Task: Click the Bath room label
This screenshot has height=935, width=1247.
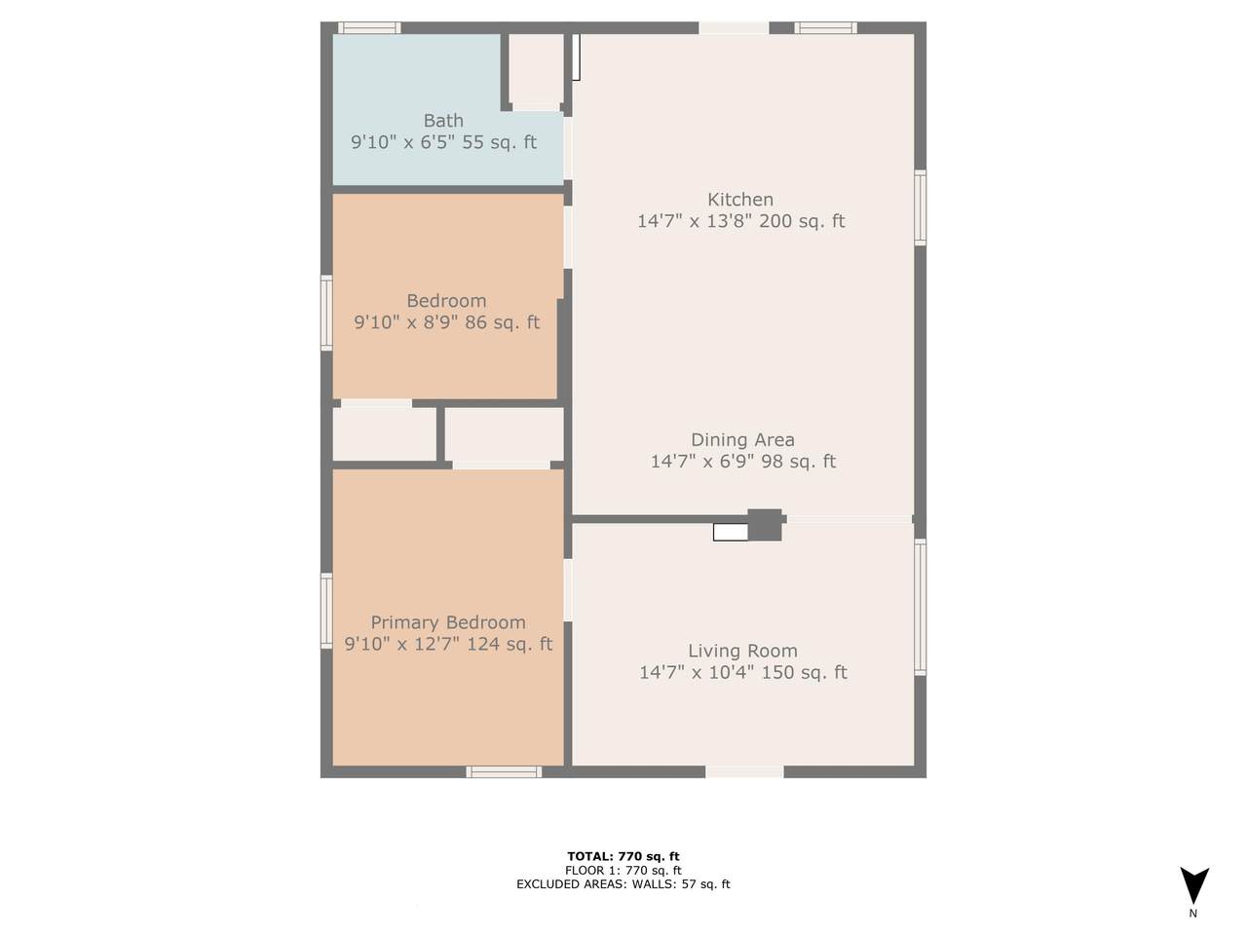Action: coord(443,121)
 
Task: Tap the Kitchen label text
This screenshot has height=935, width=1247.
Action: coord(740,200)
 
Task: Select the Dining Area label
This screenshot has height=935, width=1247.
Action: coord(742,439)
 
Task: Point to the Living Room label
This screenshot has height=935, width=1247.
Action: coord(742,651)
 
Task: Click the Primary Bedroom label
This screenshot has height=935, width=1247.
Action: coord(448,622)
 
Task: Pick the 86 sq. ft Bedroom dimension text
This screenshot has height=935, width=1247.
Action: coord(446,322)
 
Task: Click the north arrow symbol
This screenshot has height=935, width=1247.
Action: coord(1194,885)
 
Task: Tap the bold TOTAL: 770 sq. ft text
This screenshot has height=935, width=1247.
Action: coord(623,856)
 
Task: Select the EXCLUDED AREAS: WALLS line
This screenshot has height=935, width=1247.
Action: coord(623,884)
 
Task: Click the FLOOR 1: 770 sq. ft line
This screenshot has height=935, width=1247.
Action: coord(623,871)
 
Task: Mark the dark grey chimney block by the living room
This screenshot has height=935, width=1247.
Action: coord(765,525)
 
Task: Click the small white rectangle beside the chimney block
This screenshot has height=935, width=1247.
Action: coord(731,532)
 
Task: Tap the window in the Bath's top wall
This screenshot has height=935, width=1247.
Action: coord(369,28)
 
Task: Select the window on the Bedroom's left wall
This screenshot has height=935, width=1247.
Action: coord(326,313)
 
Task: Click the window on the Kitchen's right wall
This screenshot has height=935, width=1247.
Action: coord(921,207)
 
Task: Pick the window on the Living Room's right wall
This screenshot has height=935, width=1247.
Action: coord(921,607)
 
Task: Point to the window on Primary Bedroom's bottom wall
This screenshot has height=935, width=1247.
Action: coord(504,772)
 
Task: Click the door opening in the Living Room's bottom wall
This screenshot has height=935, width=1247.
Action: coord(745,772)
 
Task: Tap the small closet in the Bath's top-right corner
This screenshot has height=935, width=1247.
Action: coord(536,69)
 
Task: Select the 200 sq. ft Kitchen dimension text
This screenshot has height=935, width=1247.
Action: coord(740,221)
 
